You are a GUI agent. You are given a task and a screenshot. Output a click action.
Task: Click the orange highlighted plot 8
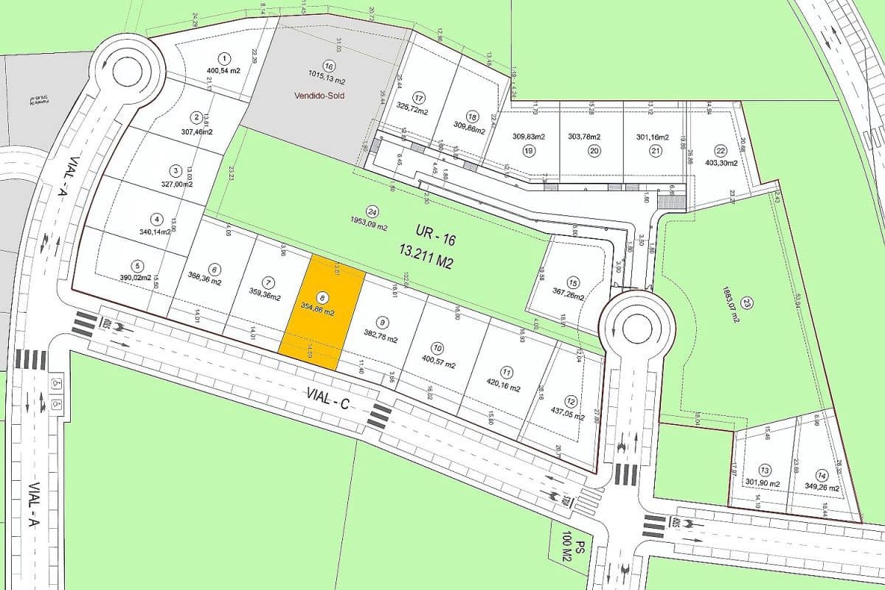323,313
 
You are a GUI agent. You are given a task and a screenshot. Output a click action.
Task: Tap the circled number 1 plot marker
224,58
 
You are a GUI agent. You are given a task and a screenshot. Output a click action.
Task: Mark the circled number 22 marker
721,150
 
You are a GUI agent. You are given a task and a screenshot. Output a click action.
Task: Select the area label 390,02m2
136,278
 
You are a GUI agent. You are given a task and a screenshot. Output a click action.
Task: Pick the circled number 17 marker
419,98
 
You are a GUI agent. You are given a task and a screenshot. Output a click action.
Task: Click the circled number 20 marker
594,150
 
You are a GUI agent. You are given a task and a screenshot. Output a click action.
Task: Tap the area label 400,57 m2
437,361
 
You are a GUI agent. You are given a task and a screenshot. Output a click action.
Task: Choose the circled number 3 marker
176,170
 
